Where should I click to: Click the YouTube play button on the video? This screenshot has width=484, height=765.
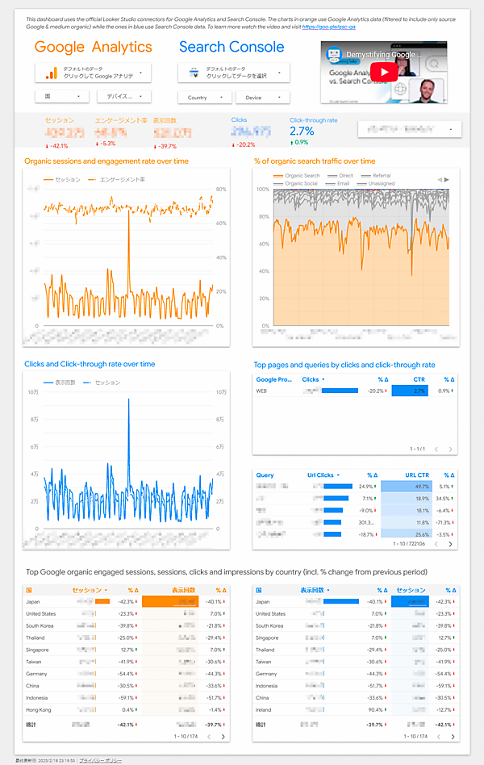coord(384,71)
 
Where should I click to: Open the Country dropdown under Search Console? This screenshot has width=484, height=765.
coord(202,98)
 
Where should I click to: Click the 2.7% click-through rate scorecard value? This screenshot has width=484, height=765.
coord(301,132)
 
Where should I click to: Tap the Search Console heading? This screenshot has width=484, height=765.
coord(232,47)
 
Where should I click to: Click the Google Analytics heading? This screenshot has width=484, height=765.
coord(93,47)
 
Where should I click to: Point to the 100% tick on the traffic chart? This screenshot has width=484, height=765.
coord(262,190)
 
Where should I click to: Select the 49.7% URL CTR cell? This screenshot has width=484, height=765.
coord(419,487)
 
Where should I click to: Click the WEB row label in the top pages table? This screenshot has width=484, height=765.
coord(261,391)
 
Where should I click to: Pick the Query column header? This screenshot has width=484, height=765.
coord(265,475)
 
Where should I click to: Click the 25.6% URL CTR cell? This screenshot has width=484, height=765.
coord(419,534)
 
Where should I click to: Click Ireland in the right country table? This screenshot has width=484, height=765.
coord(263,709)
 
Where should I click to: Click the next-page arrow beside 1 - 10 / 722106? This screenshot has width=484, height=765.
coord(449,545)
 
